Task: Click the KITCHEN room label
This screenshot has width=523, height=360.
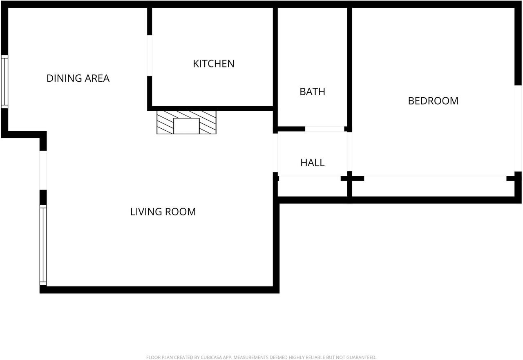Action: pos(213,64)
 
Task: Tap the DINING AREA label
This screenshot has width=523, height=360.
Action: pos(78,78)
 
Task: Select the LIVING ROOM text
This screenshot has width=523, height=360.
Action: pos(163,212)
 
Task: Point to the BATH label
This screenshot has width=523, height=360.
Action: pos(312,92)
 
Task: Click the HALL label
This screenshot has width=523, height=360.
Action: pos(312,163)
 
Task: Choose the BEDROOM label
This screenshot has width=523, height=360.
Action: pos(433,101)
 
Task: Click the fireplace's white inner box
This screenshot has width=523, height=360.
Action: pos(186,126)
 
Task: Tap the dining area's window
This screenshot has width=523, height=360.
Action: pos(4,82)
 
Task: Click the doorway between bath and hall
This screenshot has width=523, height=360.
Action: pos(324,129)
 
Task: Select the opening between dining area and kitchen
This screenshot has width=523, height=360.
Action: pos(150,56)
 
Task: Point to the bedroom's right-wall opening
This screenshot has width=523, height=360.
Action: pos(518,128)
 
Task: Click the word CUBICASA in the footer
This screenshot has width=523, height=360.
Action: pos(212,358)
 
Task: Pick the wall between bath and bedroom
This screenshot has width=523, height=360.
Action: pos(350,65)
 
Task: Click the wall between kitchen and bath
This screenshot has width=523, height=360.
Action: pos(275,65)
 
